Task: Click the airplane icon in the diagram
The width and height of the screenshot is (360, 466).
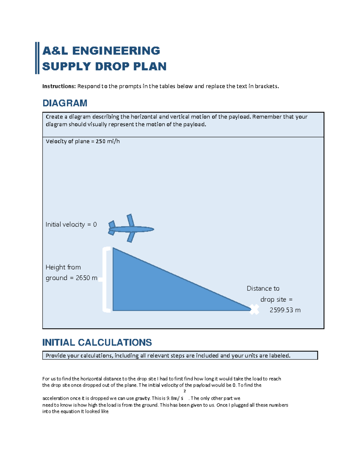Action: (131, 229)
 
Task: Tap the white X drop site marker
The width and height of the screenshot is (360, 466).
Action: (254, 309)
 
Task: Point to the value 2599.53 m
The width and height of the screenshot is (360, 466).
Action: (285, 310)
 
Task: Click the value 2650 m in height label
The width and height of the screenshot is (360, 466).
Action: (86, 278)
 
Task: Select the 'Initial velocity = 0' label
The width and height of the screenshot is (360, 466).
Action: (71, 224)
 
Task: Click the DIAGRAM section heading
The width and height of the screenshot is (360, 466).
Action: (65, 103)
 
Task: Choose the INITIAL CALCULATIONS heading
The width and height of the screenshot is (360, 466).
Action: (97, 342)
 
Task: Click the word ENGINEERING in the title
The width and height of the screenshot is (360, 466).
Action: (116, 51)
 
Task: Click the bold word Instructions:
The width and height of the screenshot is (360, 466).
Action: (59, 86)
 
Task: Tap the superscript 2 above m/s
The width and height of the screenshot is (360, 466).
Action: (184, 391)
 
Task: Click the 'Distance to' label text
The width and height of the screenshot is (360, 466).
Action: (263, 288)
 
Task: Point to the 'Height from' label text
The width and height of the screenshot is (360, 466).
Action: (63, 267)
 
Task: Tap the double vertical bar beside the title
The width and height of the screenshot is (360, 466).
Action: (37, 58)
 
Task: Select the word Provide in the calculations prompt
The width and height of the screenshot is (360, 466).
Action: (55, 356)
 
